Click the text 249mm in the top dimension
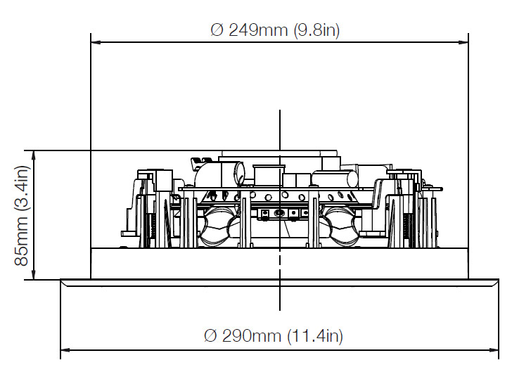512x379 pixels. point(258,30)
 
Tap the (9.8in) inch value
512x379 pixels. point(316,30)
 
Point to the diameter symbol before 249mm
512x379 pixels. point(217,30)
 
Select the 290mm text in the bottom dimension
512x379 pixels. point(252,335)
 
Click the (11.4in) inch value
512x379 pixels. point(315,335)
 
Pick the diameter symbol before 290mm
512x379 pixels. point(210,335)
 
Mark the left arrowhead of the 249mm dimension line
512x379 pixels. point(96,42)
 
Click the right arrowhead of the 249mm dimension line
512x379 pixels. point(463,42)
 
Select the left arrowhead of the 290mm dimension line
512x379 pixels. point(65,350)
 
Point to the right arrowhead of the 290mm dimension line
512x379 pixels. point(494,350)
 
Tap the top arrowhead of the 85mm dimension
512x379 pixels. point(33,155)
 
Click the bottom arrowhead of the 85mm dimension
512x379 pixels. point(33,274)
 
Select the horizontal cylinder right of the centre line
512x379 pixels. point(334,179)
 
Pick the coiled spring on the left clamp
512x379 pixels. point(152,230)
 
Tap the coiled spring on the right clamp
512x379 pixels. point(407,230)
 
